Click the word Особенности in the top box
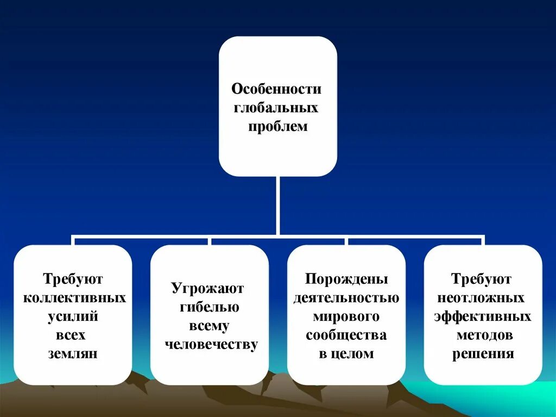tap(277, 89)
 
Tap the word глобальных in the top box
tap(276, 108)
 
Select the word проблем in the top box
tap(278, 127)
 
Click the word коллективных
tap(73, 298)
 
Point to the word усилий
tap(72, 316)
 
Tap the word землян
tap(72, 353)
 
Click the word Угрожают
tap(208, 288)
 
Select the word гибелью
tap(210, 307)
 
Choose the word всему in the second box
tap(210, 326)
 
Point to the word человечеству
tap(211, 345)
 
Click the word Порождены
tap(346, 279)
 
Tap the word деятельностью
tap(346, 298)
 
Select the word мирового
tap(346, 316)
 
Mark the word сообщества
tap(346, 335)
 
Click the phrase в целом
tap(346, 353)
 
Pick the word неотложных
tap(481, 298)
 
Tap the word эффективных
tap(482, 316)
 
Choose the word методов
tap(483, 335)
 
